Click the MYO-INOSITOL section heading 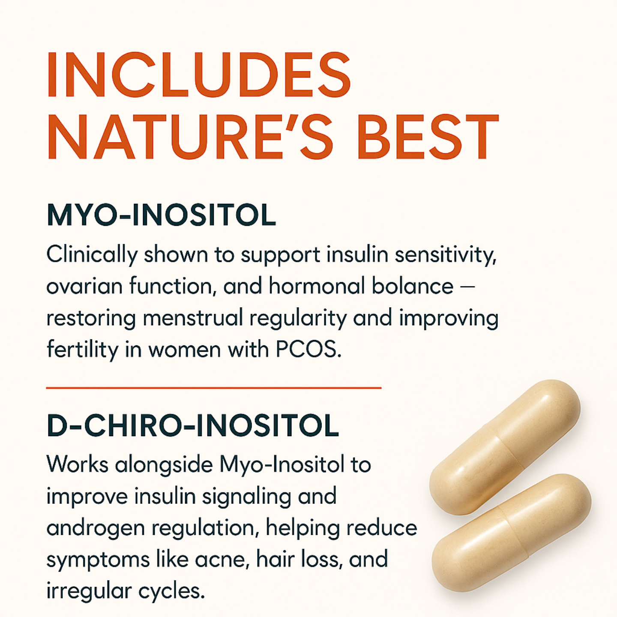(161, 215)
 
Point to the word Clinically (92, 255)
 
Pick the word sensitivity (446, 255)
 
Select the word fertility (82, 350)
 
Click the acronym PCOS (308, 350)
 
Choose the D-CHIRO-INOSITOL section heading (193, 426)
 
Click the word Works (77, 464)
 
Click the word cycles (171, 591)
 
